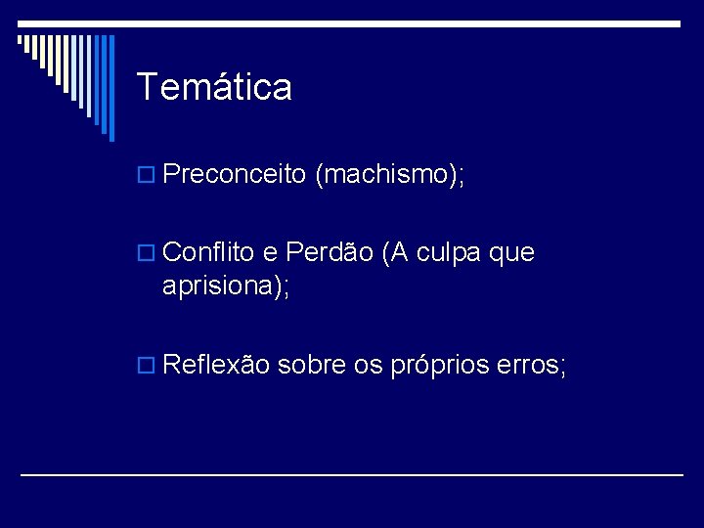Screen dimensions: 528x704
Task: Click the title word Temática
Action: coord(214,87)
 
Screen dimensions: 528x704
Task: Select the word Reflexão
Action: coord(217,365)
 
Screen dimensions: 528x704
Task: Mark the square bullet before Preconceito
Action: coord(148,176)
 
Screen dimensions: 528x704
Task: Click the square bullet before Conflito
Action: coord(148,254)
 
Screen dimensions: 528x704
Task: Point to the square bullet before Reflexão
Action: coord(148,367)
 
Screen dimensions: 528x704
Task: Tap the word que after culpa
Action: coord(512,254)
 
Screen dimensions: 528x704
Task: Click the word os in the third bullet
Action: coord(369,366)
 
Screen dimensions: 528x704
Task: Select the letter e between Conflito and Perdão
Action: coord(270,253)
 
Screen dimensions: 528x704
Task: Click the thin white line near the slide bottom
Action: coord(352,475)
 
